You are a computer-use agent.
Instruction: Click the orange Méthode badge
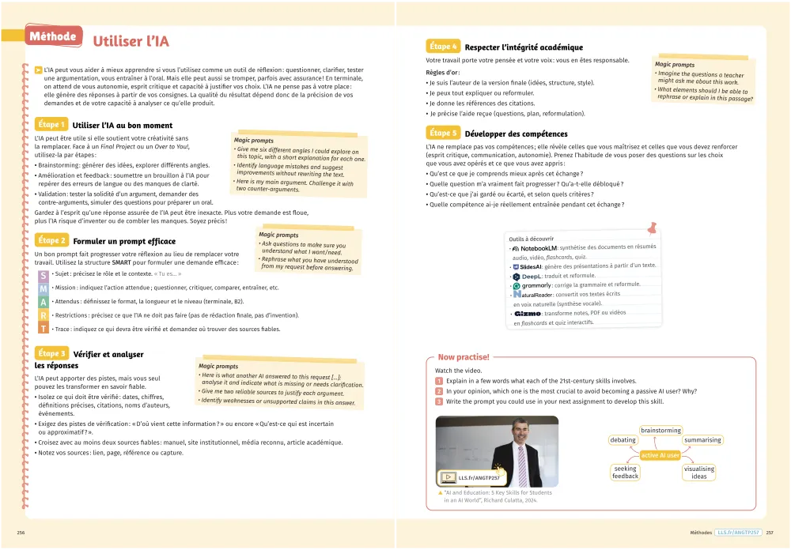point(52,36)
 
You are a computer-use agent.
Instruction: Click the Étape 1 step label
point(51,125)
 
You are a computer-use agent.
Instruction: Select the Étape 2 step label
point(51,240)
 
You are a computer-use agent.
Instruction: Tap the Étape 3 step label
point(51,353)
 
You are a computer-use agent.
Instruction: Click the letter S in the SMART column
point(43,275)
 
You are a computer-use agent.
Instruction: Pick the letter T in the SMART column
point(43,329)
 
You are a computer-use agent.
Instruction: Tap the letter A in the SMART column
point(43,302)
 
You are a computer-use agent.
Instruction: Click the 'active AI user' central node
point(660,455)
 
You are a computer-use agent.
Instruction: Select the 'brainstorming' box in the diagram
point(660,431)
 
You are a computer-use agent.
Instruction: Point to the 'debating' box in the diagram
point(623,439)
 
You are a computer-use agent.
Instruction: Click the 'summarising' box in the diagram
point(702,439)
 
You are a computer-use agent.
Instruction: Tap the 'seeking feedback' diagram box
point(625,473)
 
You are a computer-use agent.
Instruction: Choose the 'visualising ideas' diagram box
point(699,473)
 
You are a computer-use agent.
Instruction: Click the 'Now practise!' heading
point(464,357)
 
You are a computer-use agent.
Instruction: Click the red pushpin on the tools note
point(653,228)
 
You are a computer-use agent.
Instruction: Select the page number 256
point(21,533)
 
